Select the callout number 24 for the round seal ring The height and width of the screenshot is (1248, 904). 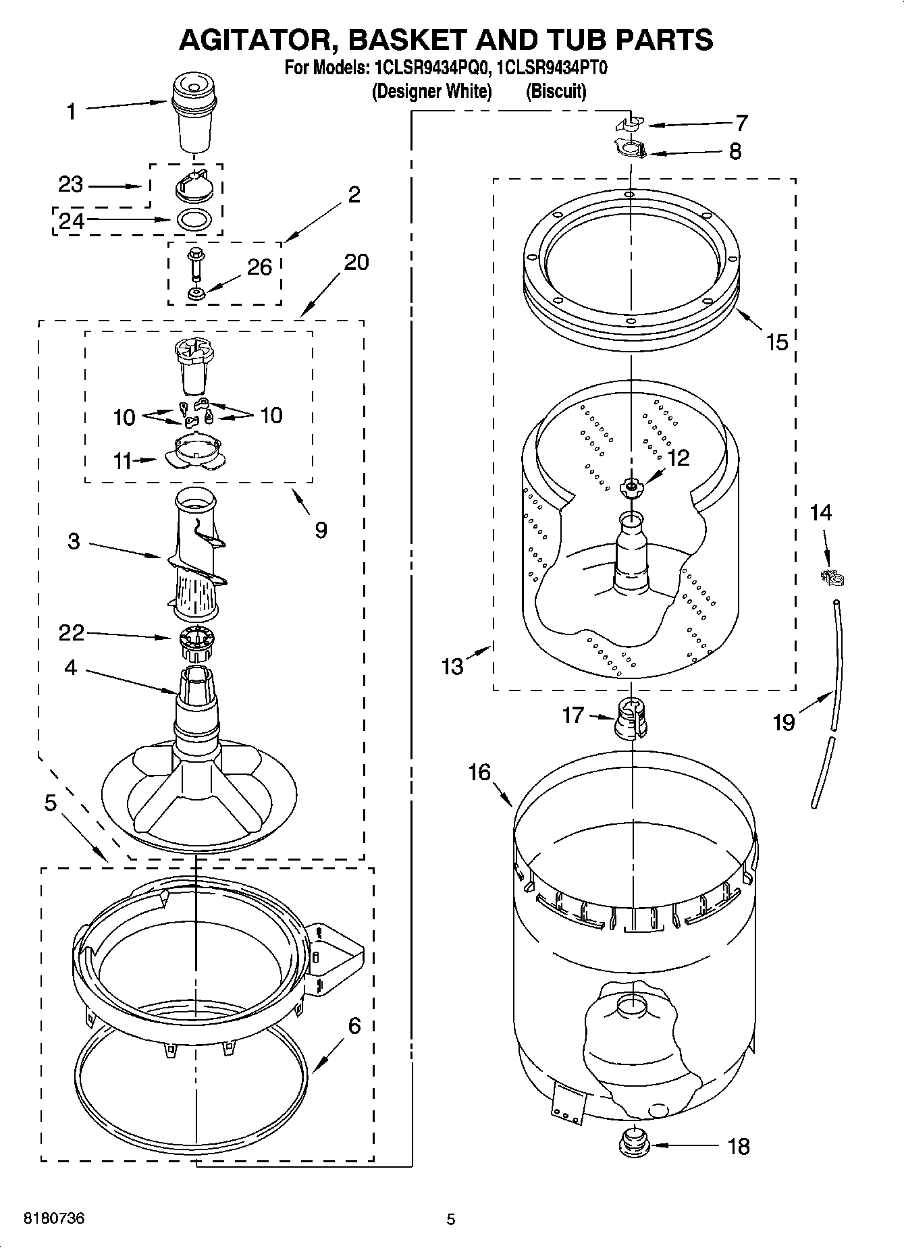[x=71, y=221]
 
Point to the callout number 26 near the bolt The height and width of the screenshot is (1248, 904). [x=259, y=268]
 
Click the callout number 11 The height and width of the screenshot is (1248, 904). [x=122, y=462]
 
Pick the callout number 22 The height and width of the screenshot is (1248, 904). [x=72, y=632]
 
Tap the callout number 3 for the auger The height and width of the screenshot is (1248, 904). [x=74, y=541]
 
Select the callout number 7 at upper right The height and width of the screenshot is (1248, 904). [x=741, y=123]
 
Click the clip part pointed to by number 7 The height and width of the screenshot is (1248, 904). [x=629, y=124]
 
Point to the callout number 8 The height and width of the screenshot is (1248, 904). [x=735, y=151]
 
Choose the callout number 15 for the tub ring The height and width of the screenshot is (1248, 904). [x=777, y=342]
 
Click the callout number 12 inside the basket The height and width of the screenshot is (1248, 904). [x=678, y=458]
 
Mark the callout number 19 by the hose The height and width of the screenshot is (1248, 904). [x=784, y=724]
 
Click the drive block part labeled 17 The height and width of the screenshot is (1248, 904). [x=631, y=720]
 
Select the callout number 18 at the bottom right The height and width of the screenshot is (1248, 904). [x=739, y=1146]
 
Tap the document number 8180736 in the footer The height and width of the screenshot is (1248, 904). [x=54, y=1219]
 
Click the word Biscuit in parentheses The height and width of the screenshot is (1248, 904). [x=556, y=91]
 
